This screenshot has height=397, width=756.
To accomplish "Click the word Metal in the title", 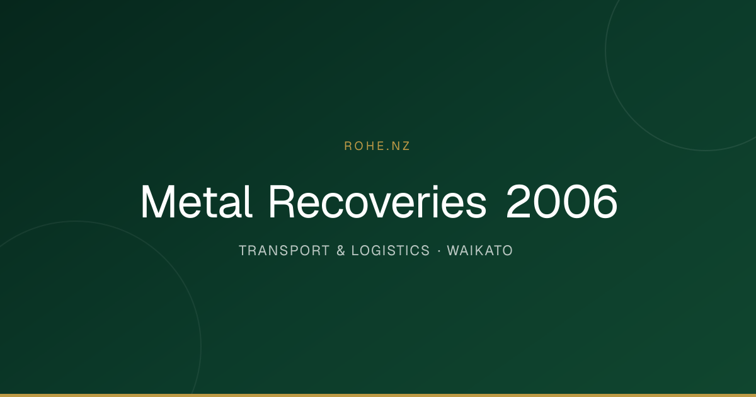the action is point(197,202).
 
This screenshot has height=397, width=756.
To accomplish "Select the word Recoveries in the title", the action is point(377,202).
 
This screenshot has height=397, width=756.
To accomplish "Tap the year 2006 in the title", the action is point(562,202).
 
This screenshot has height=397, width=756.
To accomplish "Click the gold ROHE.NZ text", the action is point(377,146).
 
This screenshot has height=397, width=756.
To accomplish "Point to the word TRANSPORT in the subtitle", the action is point(284,251).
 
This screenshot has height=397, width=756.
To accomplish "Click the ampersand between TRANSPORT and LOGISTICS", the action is point(341,251).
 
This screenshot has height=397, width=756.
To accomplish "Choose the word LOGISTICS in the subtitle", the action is point(391,251).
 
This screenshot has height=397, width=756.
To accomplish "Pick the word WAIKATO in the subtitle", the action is point(480,251).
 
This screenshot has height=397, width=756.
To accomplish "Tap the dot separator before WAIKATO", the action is point(439,251).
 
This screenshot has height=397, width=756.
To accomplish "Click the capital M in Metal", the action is point(158,202).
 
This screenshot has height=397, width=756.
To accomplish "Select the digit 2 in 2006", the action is point(518,201).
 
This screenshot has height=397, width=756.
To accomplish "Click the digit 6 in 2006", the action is point(604,202).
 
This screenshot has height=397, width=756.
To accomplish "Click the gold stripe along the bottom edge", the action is point(378,395).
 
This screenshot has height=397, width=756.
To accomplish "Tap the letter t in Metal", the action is point(215,203).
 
